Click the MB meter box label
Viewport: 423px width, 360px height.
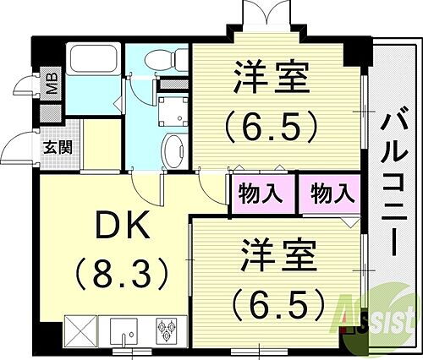[52, 85]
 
